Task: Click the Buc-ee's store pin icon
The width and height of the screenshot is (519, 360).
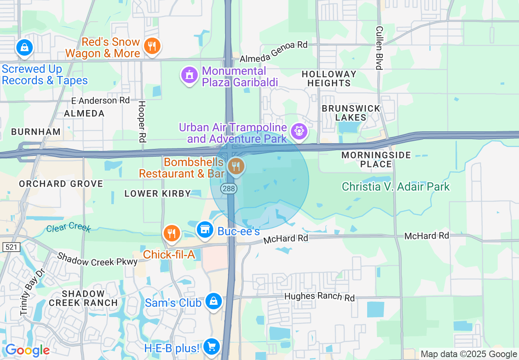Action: coord(205,229)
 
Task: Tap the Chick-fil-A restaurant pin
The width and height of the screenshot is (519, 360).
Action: coord(172,233)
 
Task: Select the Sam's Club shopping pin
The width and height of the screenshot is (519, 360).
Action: coord(213,301)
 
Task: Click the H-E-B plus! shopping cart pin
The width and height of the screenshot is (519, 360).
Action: coord(212,347)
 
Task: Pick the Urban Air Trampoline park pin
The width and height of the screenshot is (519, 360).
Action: coord(299,131)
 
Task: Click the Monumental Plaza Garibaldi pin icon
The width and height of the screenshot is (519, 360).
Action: coord(189,75)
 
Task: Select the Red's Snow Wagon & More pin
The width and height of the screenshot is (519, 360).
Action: coord(152,46)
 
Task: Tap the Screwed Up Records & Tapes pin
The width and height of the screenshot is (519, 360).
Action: coord(25,47)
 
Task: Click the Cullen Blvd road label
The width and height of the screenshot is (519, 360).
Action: coord(379,48)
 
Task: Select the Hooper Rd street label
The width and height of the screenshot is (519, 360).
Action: coord(142,122)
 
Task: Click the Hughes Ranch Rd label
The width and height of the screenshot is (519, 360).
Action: coord(319,297)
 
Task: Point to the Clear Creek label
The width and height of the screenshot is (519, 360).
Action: coord(68,227)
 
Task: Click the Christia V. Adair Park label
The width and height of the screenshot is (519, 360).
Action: coord(396,187)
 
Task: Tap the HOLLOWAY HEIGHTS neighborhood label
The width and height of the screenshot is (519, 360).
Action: coord(329,79)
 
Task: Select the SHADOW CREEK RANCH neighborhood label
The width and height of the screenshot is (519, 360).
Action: coord(83,298)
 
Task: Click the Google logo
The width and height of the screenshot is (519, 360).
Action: coord(27,350)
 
